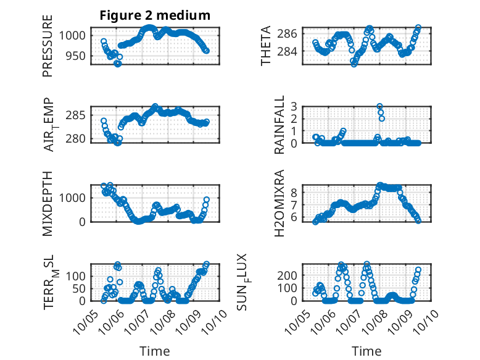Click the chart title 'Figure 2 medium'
pyautogui.click(x=155, y=15)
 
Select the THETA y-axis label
pyautogui.click(x=266, y=46)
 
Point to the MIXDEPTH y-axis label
pyautogui.click(x=48, y=203)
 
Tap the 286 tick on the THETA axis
pyautogui.click(x=291, y=33)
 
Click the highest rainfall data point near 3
pyautogui.click(x=380, y=107)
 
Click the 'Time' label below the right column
pyautogui.click(x=366, y=351)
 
